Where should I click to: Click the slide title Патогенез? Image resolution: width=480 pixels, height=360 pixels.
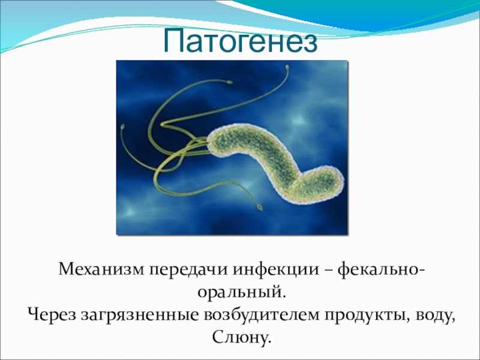pos(241,41)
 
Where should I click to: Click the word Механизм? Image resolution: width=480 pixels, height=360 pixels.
pos(101,269)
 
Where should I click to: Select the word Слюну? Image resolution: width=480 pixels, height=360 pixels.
pos(241,337)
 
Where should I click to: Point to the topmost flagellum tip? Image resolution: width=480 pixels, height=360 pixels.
pos(287,67)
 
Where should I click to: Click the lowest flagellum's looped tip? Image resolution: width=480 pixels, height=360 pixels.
pos(260,207)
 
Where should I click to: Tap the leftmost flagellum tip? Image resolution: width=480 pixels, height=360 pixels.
pos(123,126)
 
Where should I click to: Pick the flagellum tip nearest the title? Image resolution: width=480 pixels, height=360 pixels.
pos(287,67)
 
